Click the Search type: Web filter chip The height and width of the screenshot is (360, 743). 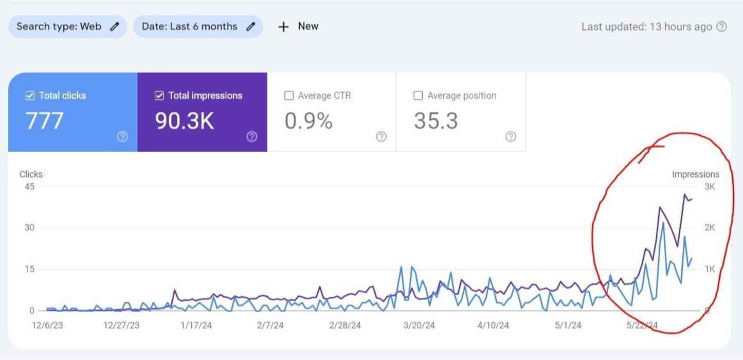(x=67, y=27)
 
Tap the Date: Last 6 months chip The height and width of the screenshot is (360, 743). (x=198, y=27)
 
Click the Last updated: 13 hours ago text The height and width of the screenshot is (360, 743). (x=646, y=27)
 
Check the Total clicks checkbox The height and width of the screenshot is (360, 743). (x=30, y=96)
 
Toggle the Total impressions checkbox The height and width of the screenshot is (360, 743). (x=159, y=96)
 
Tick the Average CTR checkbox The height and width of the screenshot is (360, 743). (x=289, y=96)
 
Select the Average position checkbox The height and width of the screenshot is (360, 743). (x=418, y=96)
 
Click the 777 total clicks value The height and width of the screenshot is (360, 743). (x=44, y=121)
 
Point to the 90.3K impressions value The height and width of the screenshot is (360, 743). (x=184, y=121)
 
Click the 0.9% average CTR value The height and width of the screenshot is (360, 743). (x=309, y=121)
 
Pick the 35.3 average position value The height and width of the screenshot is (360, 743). (x=436, y=121)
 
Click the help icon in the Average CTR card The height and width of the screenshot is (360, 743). (x=381, y=136)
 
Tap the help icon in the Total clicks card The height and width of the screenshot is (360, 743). (x=122, y=136)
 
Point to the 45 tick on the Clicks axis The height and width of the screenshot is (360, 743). (x=29, y=187)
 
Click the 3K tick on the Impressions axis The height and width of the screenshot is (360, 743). (x=710, y=187)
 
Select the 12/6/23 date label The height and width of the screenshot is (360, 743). (x=47, y=325)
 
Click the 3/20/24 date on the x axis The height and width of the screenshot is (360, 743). (x=419, y=325)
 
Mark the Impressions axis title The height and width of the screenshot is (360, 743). (x=696, y=174)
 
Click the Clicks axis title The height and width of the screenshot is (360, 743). (x=31, y=174)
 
